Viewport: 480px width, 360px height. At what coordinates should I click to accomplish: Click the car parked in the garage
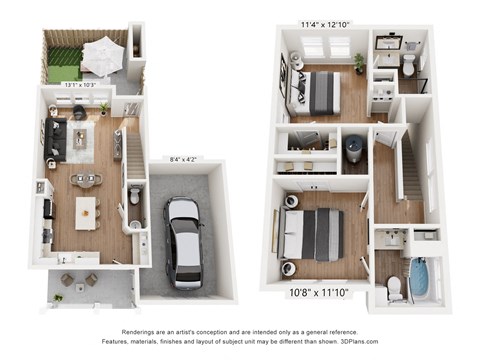coord(183,241)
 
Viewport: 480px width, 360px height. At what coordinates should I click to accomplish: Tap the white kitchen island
coord(88,213)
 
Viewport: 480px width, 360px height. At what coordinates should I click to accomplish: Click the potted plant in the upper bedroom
coord(359,63)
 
